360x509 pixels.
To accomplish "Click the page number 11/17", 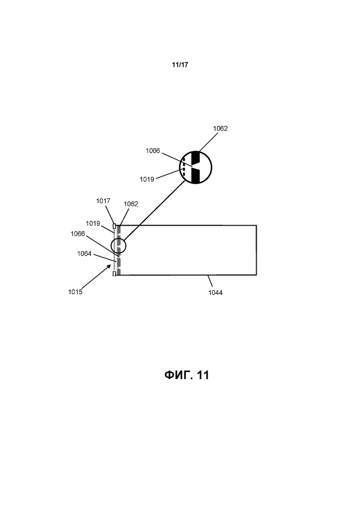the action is click(x=180, y=65).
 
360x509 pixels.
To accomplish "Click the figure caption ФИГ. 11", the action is click(x=186, y=375).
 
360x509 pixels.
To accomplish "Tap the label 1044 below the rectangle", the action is click(x=215, y=293).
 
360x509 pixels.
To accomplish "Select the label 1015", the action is click(x=75, y=292).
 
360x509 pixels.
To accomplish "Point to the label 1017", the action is click(x=103, y=201).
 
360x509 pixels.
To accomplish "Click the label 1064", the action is click(x=84, y=253).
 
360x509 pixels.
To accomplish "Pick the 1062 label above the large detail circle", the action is click(x=221, y=129).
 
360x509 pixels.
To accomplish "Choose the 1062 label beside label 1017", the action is click(x=131, y=204).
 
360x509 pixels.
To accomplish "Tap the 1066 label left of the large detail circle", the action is click(x=153, y=150).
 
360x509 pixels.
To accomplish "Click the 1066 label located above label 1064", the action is click(x=78, y=234).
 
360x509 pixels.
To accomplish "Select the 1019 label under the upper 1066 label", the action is click(x=147, y=179).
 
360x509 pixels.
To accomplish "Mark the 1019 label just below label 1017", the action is click(x=93, y=223).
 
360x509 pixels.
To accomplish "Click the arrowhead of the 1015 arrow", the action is click(x=109, y=266).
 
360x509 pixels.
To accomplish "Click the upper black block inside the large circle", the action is click(x=196, y=158).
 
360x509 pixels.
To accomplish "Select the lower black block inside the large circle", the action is click(x=196, y=176).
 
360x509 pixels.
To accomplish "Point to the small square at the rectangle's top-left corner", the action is click(x=114, y=226).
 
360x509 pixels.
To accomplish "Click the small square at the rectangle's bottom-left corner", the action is click(x=114, y=274).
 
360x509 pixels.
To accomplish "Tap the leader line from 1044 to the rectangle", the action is click(x=210, y=281).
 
